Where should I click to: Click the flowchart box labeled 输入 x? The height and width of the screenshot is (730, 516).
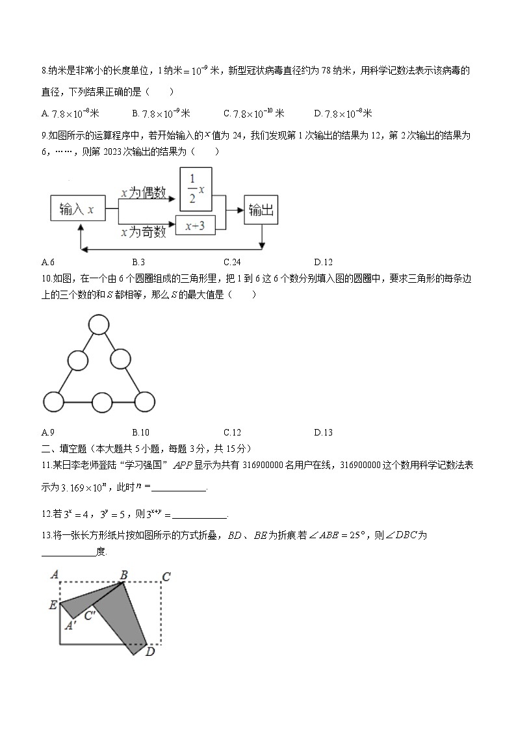click(x=77, y=209)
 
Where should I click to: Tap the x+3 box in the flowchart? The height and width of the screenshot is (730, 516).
click(x=195, y=226)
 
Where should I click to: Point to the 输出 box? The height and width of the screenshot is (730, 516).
click(x=261, y=209)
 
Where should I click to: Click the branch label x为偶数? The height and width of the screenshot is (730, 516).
click(x=142, y=193)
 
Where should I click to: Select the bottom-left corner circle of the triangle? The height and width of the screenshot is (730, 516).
click(x=53, y=402)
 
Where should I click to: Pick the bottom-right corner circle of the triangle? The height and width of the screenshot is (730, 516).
click(x=145, y=402)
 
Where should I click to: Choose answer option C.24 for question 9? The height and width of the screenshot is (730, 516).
click(x=232, y=263)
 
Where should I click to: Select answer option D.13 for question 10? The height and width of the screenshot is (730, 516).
click(x=323, y=432)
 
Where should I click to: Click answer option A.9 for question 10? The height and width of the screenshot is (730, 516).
click(x=47, y=432)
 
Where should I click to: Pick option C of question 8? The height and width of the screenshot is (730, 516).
click(x=254, y=114)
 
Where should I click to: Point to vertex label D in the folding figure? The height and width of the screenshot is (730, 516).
click(x=150, y=652)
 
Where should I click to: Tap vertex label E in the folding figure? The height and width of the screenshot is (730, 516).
click(x=53, y=606)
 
